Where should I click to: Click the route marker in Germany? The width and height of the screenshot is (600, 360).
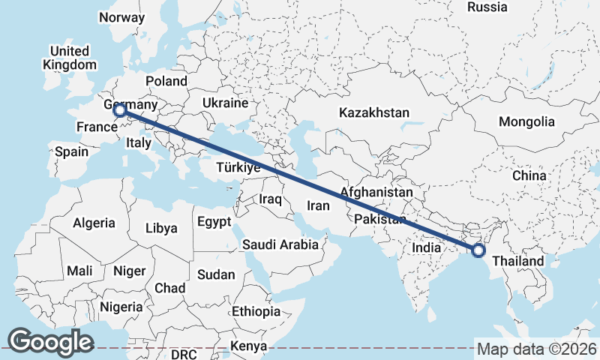point(119,111)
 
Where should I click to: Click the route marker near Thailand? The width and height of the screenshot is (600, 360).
point(478,250)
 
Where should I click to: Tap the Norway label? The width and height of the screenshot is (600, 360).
point(121,17)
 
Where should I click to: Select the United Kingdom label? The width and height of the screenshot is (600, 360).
point(69,58)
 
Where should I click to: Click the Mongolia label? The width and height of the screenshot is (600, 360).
point(526,121)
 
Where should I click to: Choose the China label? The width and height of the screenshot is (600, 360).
point(529,175)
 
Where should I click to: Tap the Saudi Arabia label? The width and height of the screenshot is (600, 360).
point(280,244)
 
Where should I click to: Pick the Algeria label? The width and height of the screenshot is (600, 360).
point(94,223)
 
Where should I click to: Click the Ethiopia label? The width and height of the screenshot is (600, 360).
point(256,311)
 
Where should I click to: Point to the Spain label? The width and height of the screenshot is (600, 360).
point(71,151)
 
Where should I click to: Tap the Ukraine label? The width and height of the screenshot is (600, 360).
point(225,103)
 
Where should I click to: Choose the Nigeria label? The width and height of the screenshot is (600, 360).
point(120,307)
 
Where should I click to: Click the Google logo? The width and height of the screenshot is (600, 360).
point(50,342)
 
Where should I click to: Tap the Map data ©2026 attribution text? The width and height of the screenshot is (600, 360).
point(537,349)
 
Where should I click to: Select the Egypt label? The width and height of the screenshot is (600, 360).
point(216,222)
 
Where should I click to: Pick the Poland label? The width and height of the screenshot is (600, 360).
point(166,80)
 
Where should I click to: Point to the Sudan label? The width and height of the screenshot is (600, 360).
point(216,274)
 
